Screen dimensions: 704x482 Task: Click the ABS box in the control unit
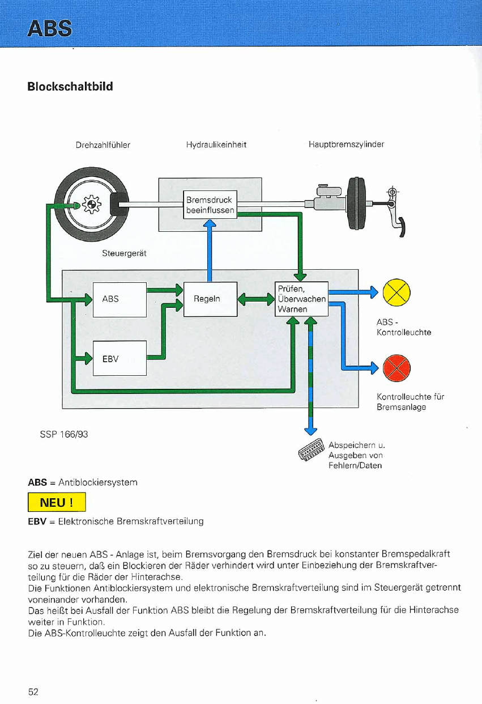click(120, 299)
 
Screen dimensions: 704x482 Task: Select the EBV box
click(120, 358)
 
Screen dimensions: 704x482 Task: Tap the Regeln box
click(210, 299)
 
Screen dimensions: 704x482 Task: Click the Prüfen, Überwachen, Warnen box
click(301, 299)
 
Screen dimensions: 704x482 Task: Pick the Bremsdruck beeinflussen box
click(210, 205)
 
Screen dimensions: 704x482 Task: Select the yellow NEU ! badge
click(57, 502)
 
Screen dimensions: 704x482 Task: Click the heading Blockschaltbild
click(70, 87)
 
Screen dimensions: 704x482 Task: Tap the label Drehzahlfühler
click(103, 145)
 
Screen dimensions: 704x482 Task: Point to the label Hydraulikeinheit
click(216, 145)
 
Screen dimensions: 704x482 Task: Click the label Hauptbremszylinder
click(346, 145)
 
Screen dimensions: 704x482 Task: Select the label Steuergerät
click(124, 253)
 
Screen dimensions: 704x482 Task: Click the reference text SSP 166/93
click(64, 434)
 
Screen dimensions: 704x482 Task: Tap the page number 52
click(33, 692)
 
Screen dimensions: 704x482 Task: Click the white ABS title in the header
click(53, 27)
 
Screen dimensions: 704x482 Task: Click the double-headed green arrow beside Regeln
click(255, 299)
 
